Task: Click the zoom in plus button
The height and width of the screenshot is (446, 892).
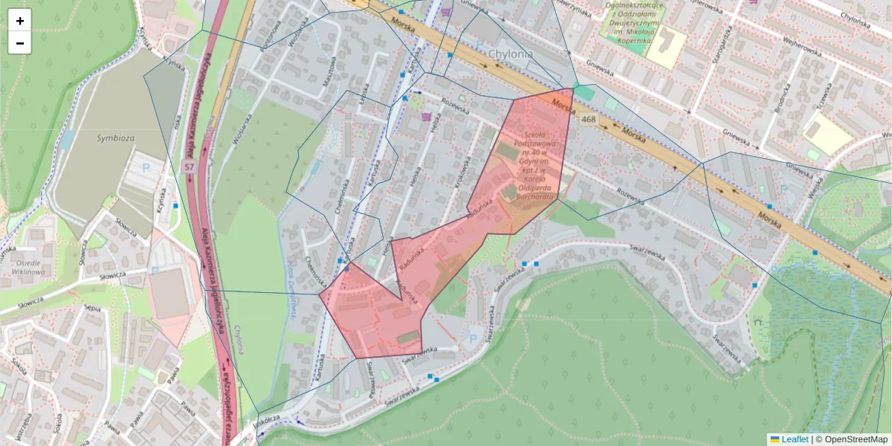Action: coord(20,21)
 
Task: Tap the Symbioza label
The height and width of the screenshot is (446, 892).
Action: coord(114,138)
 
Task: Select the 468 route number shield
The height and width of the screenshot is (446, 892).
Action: coord(589,119)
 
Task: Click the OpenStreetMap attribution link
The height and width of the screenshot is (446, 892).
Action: coord(856,439)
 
